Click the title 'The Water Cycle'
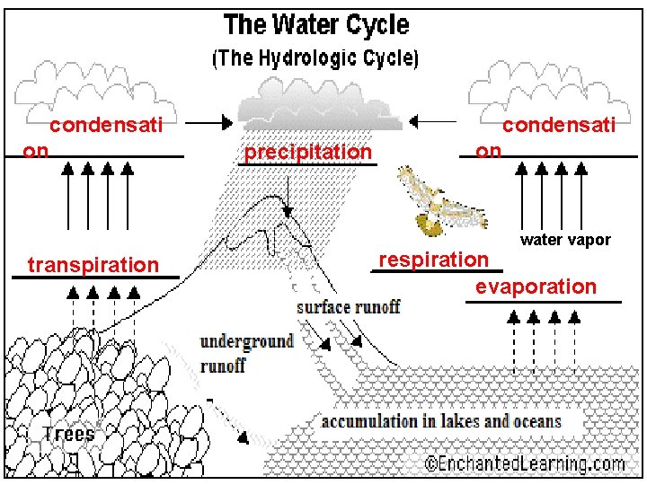click(315, 25)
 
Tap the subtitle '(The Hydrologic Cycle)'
click(315, 59)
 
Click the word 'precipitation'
click(307, 153)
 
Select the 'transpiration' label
click(93, 265)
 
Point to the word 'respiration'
click(434, 260)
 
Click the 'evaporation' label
click(536, 287)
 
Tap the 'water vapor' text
click(565, 240)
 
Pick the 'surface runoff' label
click(348, 307)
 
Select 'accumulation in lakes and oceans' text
click(441, 421)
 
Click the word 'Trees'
click(68, 434)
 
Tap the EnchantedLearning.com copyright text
click(525, 464)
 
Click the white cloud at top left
click(94, 85)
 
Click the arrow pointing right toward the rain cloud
click(212, 122)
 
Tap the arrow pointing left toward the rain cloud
click(434, 121)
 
